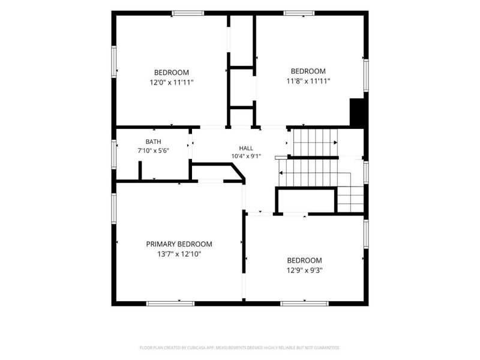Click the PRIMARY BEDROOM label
point(179,244)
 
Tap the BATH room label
point(154,142)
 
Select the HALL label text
point(246,148)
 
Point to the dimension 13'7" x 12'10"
point(179,254)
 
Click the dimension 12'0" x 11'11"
point(172,82)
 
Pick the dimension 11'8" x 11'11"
point(308,81)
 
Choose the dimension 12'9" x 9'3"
point(305,271)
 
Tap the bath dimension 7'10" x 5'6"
point(154,151)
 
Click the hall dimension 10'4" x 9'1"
point(246,156)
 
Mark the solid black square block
point(356,112)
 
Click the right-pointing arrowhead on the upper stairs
point(335,143)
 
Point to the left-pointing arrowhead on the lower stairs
point(281,173)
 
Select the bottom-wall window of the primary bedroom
point(170,304)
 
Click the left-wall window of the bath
point(114,154)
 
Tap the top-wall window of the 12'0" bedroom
point(188,13)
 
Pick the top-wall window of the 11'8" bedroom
point(299,13)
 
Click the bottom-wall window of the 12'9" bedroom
point(304,304)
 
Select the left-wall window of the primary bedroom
point(114,208)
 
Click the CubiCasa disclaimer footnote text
point(239,348)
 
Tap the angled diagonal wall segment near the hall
point(238,172)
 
